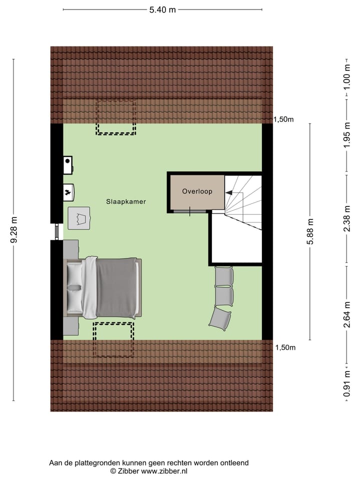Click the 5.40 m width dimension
[162, 10]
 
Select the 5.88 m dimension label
[310, 231]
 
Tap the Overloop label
[197, 191]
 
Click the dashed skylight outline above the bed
[113, 339]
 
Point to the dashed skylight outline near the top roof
[116, 117]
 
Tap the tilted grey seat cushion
[220, 317]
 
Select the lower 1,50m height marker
[284, 347]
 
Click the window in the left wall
[56, 231]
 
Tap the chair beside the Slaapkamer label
[79, 217]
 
